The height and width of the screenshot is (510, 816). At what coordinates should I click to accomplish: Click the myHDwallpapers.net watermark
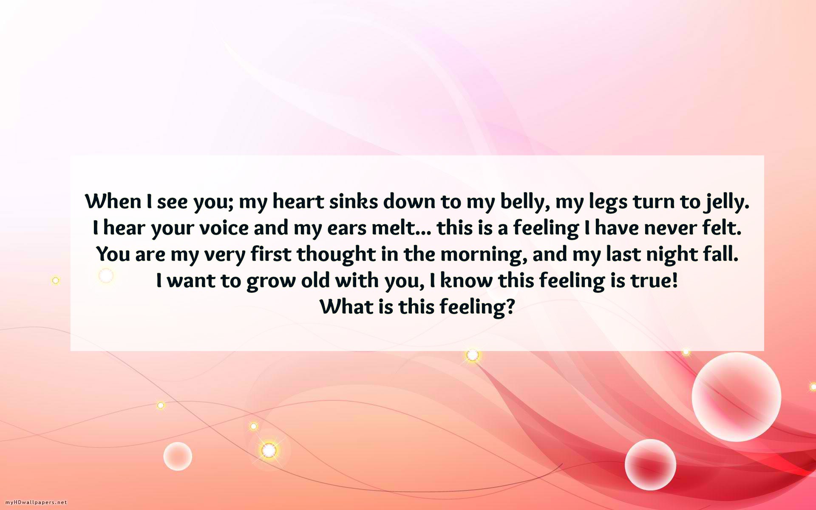click(x=36, y=502)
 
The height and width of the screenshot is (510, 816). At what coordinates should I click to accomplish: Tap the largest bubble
click(x=737, y=397)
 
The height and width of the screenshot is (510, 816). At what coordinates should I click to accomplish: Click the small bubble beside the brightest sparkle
click(x=178, y=456)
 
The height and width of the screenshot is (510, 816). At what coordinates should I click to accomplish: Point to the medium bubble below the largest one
click(x=650, y=465)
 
